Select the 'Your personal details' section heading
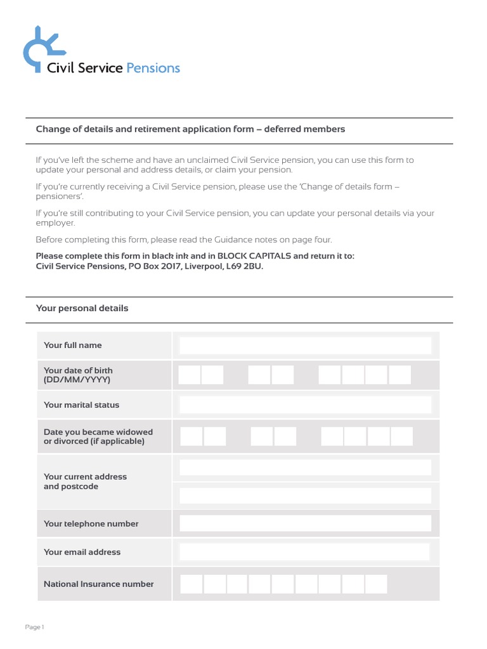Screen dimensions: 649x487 tap(82, 309)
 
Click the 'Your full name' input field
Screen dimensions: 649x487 tap(305, 345)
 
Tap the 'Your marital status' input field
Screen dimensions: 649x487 tap(305, 405)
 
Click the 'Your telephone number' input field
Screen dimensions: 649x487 tap(305, 524)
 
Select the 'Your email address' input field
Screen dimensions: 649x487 tap(305, 552)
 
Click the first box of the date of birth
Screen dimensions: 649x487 tap(190, 375)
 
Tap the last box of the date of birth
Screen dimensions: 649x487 tap(400, 375)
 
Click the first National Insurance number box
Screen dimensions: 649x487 tap(192, 584)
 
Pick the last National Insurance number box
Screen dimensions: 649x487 tap(376, 584)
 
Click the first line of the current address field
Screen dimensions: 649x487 tap(305, 468)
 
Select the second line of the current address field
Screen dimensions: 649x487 tap(305, 496)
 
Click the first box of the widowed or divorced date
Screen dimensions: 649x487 tap(192, 436)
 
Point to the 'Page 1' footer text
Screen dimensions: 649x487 tap(34, 627)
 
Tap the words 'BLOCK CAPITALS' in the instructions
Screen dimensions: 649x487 tap(254, 256)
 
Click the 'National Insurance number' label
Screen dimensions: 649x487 tap(98, 584)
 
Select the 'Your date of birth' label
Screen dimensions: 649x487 tap(78, 370)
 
